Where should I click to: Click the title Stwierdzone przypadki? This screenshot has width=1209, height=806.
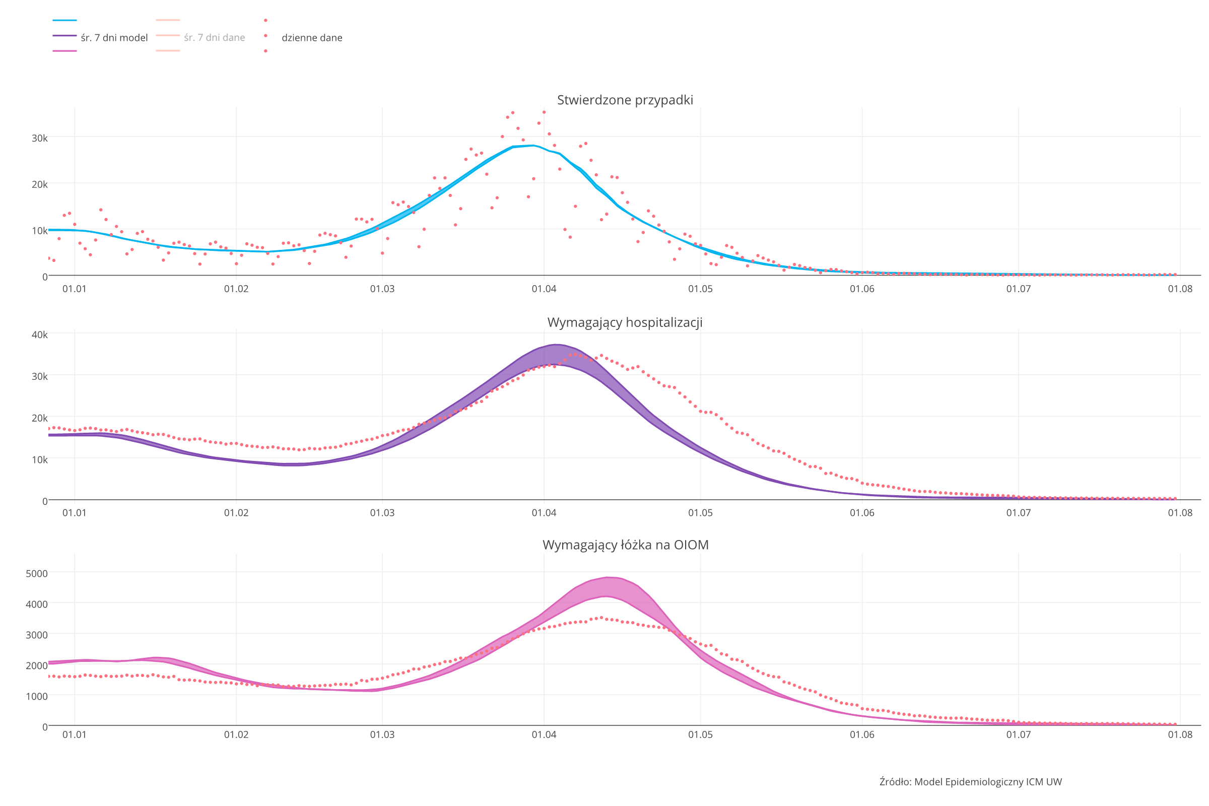[x=625, y=100]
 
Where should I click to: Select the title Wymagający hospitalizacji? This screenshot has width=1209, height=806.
[x=625, y=322]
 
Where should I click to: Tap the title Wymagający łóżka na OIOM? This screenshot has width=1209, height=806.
[x=625, y=545]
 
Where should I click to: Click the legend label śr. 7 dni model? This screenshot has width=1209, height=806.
[x=114, y=37]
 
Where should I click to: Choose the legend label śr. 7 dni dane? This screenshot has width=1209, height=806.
[x=215, y=37]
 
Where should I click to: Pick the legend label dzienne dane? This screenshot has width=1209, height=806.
[x=311, y=37]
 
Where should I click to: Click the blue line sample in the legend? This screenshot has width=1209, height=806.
[x=65, y=21]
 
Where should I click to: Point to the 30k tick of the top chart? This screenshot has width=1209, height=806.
[x=40, y=138]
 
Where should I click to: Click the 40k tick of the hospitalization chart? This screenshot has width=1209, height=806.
[x=40, y=334]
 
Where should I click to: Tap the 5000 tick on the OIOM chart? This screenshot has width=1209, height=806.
[x=36, y=573]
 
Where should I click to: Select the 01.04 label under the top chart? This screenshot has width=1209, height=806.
[x=544, y=289]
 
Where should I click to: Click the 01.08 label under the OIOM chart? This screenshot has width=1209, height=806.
[x=1180, y=734]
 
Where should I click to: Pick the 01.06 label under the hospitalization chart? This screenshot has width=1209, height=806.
[x=862, y=512]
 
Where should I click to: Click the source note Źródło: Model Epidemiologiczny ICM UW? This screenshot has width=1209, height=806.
[x=971, y=782]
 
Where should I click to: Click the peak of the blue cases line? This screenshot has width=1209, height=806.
[x=533, y=146]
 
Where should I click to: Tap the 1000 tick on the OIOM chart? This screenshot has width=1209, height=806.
[x=36, y=696]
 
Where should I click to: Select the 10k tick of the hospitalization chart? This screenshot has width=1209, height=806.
[x=40, y=459]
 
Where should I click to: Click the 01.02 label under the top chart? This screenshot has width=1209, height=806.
[x=236, y=289]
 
